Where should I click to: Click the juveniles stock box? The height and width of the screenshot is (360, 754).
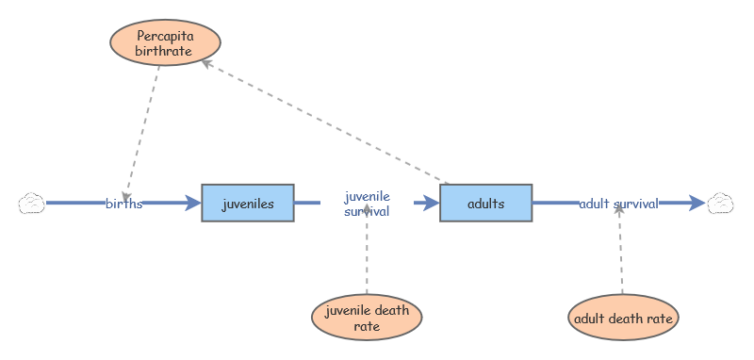click(248, 203)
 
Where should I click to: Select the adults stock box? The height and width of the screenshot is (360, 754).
click(485, 203)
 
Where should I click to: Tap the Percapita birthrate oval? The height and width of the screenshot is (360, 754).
click(166, 42)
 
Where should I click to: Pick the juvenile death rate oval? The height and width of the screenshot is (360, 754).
click(367, 318)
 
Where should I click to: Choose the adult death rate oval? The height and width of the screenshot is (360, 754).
click(623, 318)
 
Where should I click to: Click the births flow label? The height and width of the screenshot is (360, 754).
click(124, 204)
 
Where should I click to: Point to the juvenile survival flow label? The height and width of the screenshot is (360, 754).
click(367, 204)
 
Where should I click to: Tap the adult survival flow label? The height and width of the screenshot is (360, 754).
click(618, 204)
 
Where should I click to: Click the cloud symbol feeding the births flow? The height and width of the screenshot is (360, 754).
click(32, 203)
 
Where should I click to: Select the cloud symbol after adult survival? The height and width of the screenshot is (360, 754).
click(720, 203)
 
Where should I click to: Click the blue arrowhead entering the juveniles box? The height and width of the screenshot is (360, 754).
click(193, 203)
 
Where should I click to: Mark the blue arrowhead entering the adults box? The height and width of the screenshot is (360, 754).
click(432, 203)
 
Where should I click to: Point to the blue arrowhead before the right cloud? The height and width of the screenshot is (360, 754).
click(697, 203)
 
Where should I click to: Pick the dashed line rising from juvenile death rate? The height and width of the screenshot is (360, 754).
click(367, 249)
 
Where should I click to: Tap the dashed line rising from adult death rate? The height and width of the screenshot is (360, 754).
click(620, 249)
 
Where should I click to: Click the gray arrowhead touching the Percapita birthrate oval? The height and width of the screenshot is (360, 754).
click(205, 63)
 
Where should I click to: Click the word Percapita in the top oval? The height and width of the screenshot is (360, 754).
click(165, 36)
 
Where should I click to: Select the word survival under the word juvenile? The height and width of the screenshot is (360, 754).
click(367, 211)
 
